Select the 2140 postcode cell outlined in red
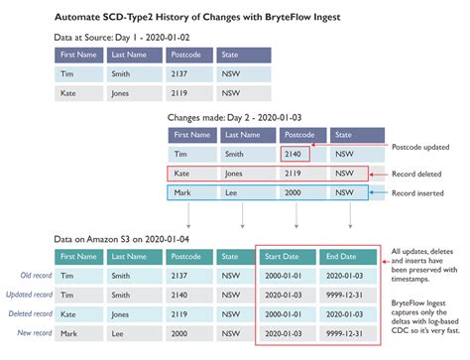[294, 154]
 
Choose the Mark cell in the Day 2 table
[181, 192]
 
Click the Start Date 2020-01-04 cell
[286, 334]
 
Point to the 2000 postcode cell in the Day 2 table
[293, 192]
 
